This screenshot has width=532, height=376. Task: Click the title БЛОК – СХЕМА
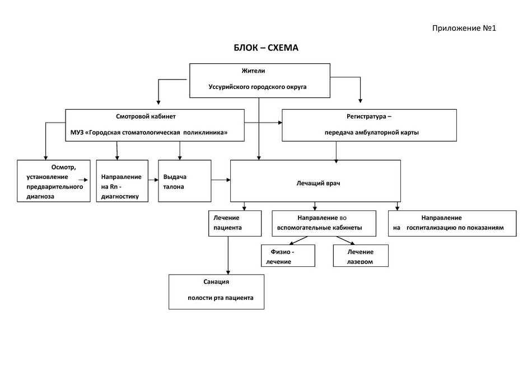(x=266, y=48)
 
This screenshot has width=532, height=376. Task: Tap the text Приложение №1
(x=464, y=28)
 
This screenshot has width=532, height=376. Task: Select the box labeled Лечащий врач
(x=315, y=181)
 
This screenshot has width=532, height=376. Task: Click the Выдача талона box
(x=185, y=181)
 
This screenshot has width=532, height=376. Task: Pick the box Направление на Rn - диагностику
(x=122, y=181)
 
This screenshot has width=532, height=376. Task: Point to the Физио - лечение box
(x=288, y=256)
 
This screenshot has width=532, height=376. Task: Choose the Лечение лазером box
(x=361, y=256)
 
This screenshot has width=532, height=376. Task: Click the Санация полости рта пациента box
(x=217, y=292)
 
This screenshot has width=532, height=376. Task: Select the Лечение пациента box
(x=235, y=223)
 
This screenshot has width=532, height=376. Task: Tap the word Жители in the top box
(x=253, y=71)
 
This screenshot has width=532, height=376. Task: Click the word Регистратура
(x=366, y=116)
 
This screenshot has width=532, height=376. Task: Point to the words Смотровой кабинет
(x=146, y=116)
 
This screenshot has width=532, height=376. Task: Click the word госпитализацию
(x=431, y=228)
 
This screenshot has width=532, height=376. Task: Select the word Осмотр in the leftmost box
(x=63, y=167)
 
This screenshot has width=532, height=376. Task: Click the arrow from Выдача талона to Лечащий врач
(x=221, y=180)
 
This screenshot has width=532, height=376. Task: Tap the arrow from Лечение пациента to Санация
(x=228, y=255)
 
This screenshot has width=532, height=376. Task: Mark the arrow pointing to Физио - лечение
(x=298, y=241)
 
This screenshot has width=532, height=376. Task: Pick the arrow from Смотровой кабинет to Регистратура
(x=263, y=123)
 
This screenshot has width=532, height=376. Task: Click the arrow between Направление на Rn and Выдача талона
(x=153, y=180)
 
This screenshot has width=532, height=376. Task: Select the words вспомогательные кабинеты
(x=319, y=228)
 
